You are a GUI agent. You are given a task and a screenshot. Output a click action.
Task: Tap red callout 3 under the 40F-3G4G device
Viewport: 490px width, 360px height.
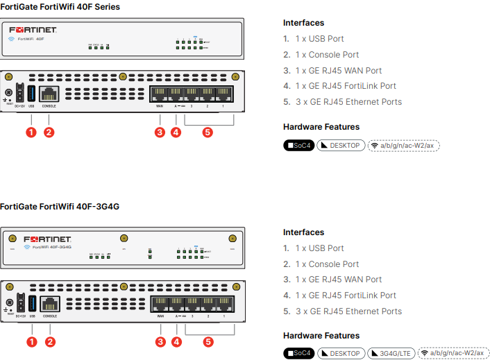[160, 341]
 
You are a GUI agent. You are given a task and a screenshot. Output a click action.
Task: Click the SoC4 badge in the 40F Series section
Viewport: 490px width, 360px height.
[299, 146]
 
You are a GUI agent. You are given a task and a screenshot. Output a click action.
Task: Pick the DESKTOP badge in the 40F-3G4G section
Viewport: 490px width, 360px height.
[341, 353]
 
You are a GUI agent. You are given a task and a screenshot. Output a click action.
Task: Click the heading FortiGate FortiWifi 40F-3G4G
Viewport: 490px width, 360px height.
[60, 206]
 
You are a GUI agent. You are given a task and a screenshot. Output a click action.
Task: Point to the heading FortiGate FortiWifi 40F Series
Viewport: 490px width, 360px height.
[60, 7]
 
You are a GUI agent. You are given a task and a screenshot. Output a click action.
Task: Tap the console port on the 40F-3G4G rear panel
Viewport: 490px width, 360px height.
[49, 303]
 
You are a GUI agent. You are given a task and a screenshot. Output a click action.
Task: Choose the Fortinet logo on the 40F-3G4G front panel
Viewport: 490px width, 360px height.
[47, 239]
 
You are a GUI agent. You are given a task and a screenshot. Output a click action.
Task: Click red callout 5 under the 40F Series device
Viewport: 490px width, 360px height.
[208, 132]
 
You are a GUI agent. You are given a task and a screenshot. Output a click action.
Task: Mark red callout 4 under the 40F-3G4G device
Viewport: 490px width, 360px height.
[176, 341]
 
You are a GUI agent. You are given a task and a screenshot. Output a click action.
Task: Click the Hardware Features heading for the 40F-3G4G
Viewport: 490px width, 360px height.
[321, 336]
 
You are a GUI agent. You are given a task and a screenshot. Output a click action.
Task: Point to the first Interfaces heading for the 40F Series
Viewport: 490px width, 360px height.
[303, 23]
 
